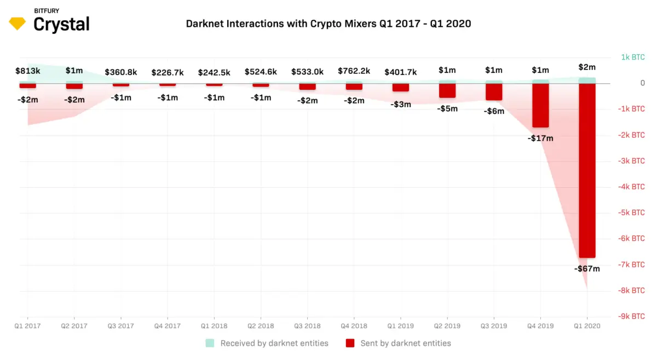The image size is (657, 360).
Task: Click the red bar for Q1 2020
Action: point(587,170)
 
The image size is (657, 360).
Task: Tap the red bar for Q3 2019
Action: point(494,92)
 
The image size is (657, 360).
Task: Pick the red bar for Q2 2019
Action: point(447,91)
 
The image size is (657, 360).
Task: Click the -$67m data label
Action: point(587,269)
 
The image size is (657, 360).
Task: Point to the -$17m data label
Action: point(540,138)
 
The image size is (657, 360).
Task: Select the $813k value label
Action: point(27,71)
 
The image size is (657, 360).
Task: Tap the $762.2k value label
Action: point(354,71)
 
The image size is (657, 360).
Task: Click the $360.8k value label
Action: point(121,72)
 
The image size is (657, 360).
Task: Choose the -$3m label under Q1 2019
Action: point(401,104)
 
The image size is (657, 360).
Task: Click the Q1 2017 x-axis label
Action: point(27,326)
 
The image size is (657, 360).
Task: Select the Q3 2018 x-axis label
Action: point(307,326)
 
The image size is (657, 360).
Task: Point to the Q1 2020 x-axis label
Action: point(587,326)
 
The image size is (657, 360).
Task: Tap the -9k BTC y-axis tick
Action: point(631,316)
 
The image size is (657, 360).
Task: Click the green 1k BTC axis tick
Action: point(633,57)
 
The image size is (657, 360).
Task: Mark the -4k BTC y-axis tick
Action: point(631,187)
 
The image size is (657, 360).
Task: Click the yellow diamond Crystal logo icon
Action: point(18,24)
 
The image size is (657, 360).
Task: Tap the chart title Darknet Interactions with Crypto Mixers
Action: point(328,24)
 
